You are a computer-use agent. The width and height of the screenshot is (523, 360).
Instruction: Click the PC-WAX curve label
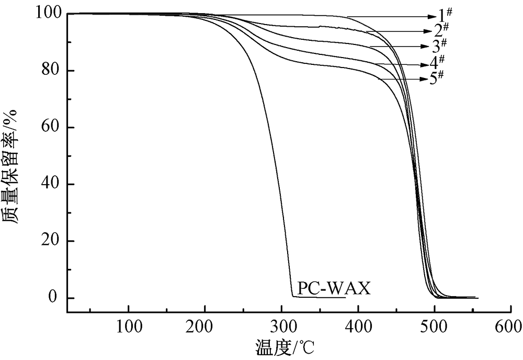334,288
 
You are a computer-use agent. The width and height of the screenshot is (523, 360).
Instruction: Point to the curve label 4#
437,62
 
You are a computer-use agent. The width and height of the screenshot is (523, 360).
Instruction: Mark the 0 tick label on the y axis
53,298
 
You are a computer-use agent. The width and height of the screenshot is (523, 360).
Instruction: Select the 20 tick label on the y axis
48,241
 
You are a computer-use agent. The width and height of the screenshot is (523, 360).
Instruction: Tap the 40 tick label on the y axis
48,184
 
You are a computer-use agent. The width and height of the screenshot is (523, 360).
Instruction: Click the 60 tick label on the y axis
48,128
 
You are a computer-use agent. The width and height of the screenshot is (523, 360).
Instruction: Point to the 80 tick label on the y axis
48,71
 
